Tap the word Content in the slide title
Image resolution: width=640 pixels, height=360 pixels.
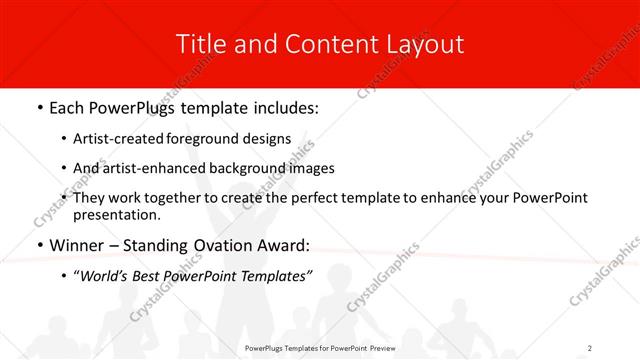[x=322, y=44]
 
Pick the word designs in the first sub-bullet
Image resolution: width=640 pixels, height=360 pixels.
[x=269, y=139]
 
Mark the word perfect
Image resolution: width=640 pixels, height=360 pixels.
[x=295, y=198]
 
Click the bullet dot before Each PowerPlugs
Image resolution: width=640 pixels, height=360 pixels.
[x=39, y=105]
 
